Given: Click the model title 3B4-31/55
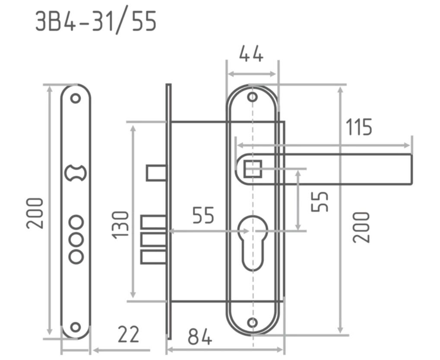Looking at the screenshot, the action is pos(96,21).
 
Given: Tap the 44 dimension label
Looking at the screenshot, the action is pos(251,54).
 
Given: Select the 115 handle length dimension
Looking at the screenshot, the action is pos(359,127).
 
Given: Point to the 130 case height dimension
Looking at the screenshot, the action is pos(120,225).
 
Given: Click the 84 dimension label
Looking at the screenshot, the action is pos(200,337).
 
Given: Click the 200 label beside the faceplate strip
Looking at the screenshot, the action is pos(35,213).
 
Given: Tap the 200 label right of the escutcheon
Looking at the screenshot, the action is pos(361,227).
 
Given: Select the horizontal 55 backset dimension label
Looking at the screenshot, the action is pos(203,216).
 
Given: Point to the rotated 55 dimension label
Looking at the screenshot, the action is pos(320,202).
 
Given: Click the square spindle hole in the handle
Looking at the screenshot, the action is pos(253,169).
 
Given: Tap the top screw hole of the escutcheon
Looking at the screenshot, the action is pos(253,97).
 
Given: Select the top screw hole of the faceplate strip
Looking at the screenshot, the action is pos(75,98).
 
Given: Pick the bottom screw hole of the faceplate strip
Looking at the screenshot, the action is pos(75,327).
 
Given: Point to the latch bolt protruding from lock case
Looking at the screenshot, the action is pos(156,173).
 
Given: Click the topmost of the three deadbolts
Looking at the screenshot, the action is pos(154,222).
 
